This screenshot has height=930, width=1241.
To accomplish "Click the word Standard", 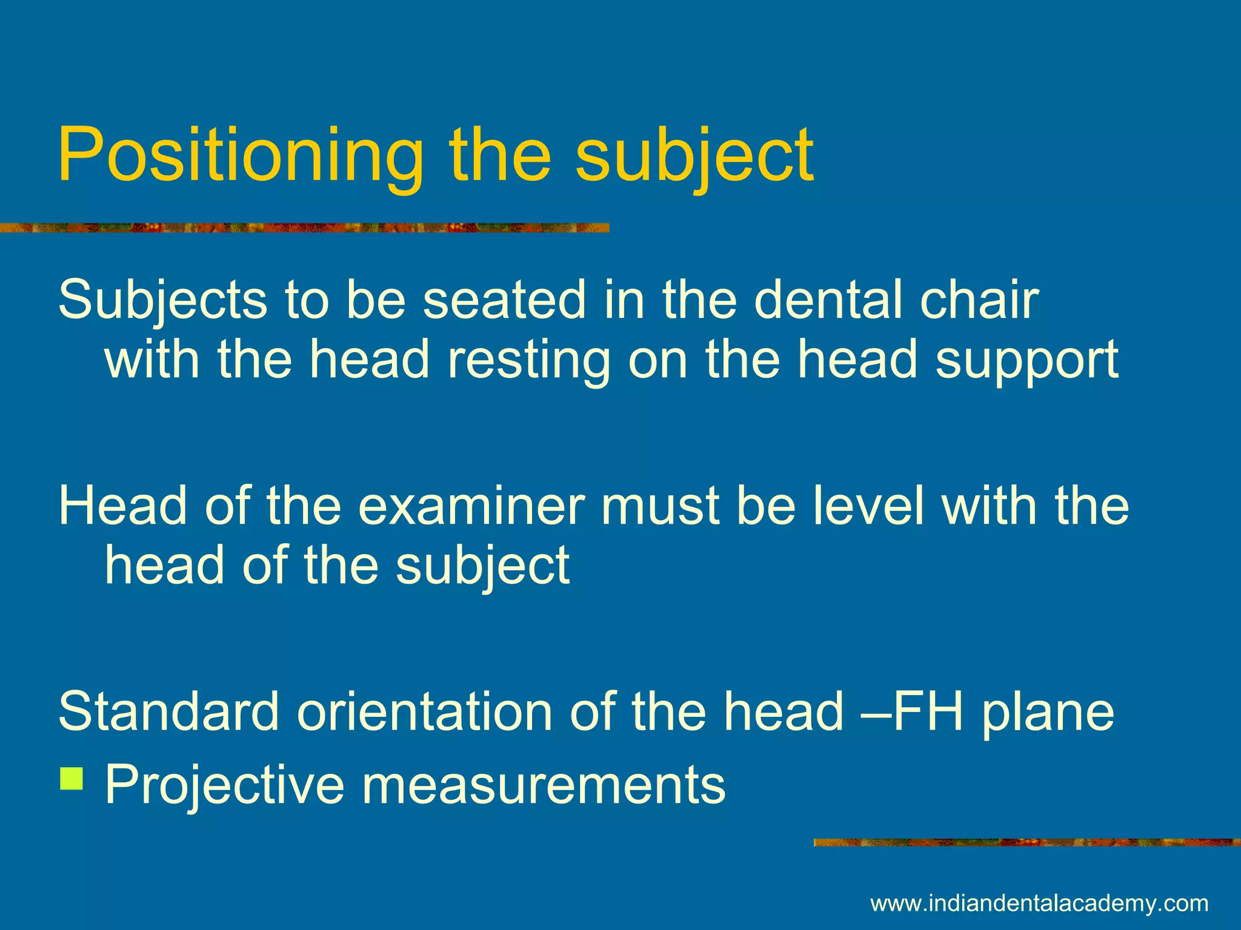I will click(168, 711).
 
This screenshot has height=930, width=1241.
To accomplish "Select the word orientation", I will click(424, 711).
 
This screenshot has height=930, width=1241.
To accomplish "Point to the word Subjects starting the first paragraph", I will click(162, 301).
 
